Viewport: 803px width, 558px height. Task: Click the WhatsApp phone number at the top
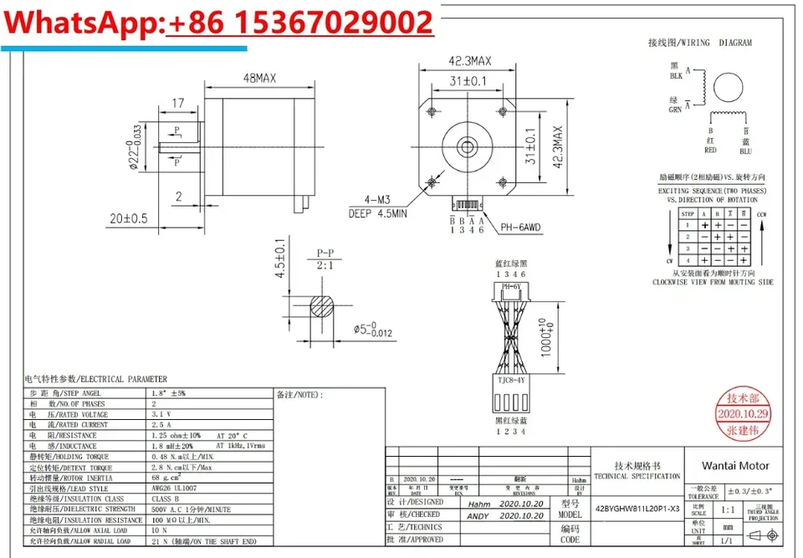click(x=301, y=23)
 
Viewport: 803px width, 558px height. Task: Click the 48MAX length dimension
click(x=259, y=78)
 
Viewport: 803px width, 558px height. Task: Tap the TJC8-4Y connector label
click(x=510, y=381)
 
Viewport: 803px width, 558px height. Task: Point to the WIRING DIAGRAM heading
click(x=699, y=43)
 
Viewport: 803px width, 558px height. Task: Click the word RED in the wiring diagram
click(x=710, y=151)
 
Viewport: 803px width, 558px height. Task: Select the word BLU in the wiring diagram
click(x=746, y=151)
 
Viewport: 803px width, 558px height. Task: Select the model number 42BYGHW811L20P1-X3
click(x=637, y=508)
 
